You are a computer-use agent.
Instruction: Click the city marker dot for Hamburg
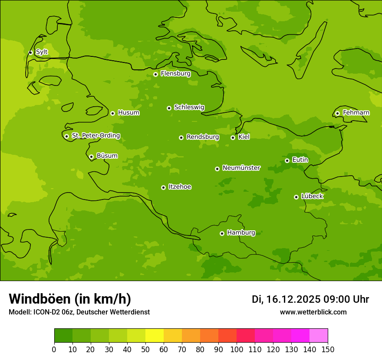222,233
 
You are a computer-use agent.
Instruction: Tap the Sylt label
42,52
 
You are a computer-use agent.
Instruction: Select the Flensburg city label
175,74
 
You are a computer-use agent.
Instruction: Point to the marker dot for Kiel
233,137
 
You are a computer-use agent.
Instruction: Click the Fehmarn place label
356,113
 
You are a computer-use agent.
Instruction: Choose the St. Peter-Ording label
95,136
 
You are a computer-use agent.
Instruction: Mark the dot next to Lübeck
296,197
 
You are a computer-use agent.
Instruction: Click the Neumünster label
241,168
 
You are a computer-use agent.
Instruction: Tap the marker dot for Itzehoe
163,187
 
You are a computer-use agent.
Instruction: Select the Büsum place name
107,156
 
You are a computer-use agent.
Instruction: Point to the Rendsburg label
202,137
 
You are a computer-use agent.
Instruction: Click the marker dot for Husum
112,113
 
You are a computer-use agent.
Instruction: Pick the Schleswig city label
189,107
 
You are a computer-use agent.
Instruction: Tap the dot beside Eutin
287,160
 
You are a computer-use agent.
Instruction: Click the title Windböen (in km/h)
70,299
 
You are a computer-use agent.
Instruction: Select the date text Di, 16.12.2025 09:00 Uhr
310,299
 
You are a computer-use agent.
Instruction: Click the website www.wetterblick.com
313,312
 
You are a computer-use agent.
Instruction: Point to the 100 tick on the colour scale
237,349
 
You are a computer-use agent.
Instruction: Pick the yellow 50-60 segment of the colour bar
155,336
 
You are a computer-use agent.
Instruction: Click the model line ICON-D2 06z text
79,312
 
